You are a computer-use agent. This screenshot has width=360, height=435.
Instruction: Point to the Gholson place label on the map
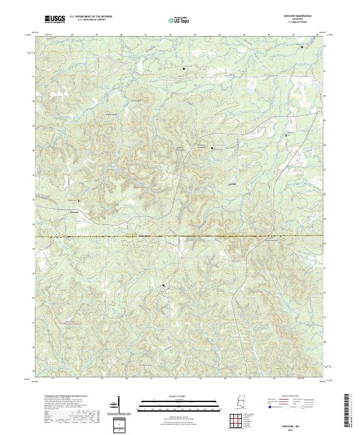74,211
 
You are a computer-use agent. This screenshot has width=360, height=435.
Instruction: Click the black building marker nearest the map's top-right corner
301,46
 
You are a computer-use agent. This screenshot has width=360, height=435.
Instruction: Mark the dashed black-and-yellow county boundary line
180,236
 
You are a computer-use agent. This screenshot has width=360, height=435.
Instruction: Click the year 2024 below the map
294,428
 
